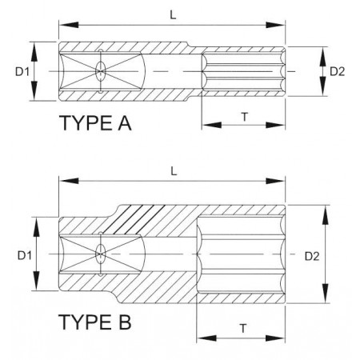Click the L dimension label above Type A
pos(174,15)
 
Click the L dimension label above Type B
pos(174,171)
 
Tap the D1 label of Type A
pos(22,71)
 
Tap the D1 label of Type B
pos(25,255)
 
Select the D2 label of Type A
pos(338,71)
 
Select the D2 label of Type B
pos(312,256)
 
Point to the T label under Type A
pos(244,117)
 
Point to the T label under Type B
pos(243,329)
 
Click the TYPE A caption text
pos(95,123)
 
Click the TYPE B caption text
pos(95,322)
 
